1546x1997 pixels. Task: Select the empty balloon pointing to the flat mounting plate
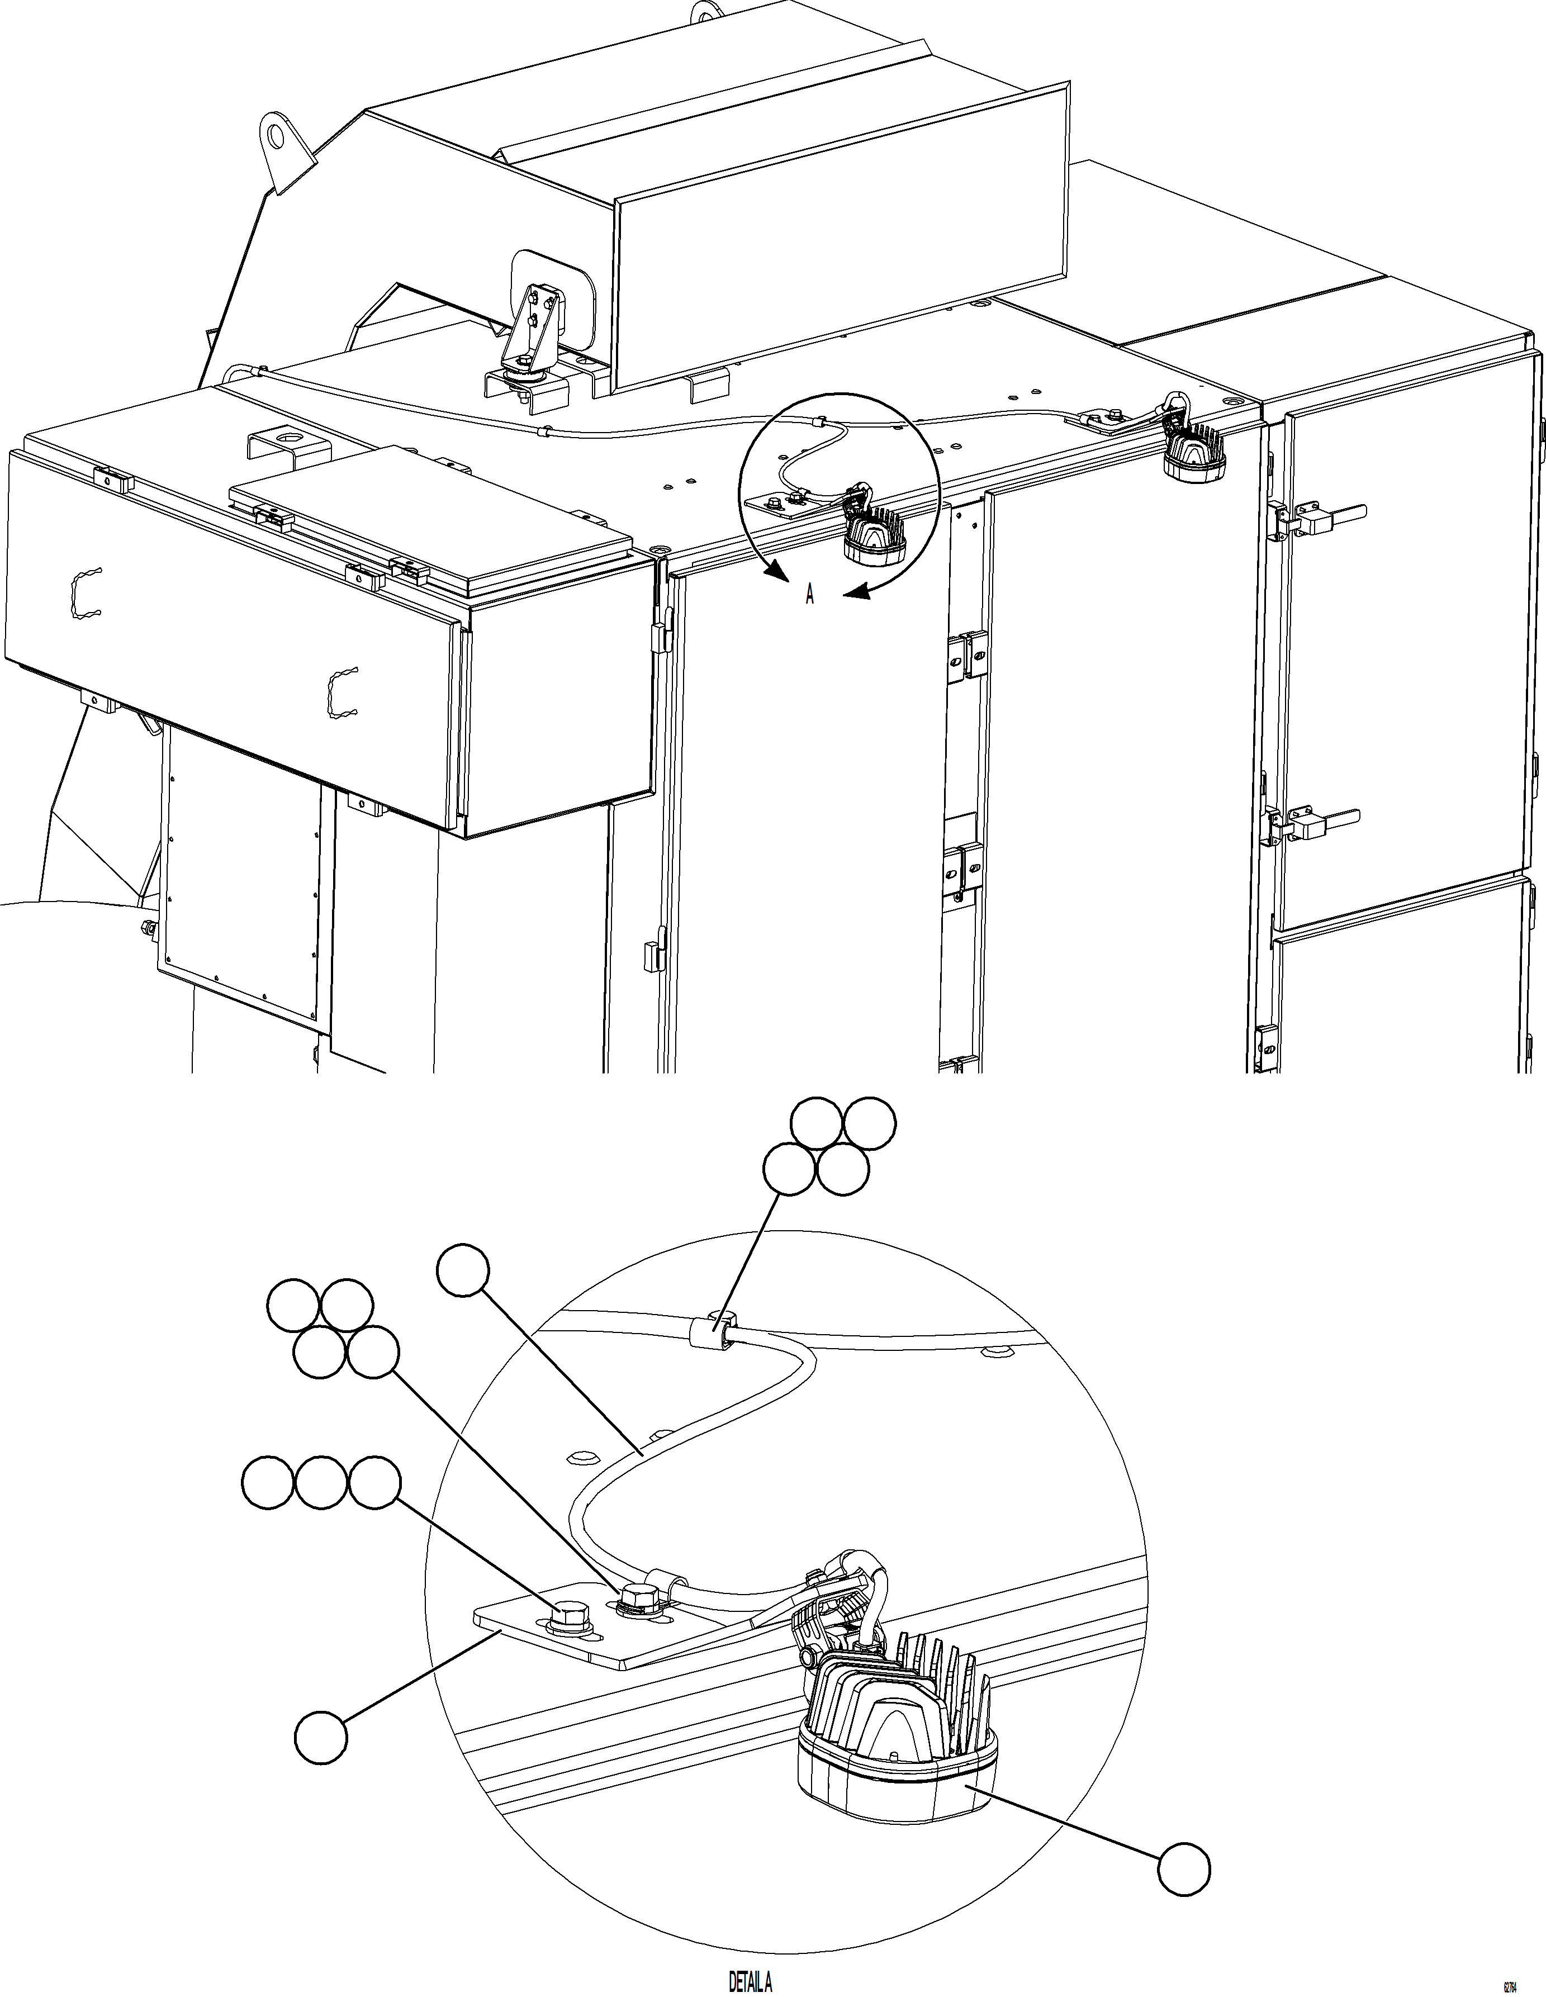(x=321, y=1734)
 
